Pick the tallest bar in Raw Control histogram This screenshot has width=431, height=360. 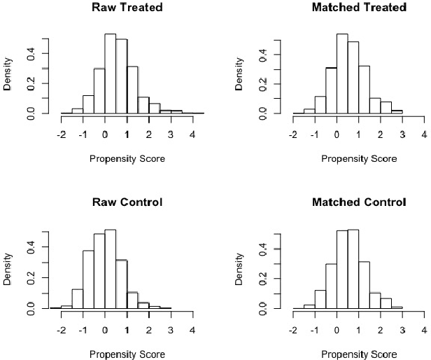[110, 269]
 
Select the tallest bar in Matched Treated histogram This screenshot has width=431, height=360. [341, 74]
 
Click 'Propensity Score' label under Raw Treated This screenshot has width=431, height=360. [127, 158]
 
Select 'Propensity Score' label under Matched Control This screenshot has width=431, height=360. [359, 353]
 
